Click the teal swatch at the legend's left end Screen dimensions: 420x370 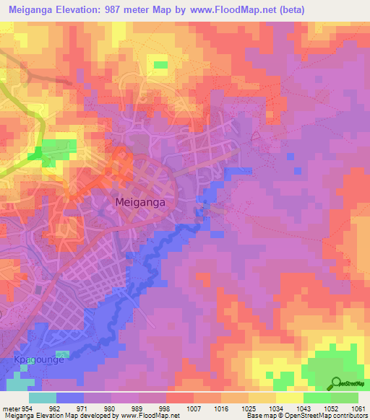click(x=43, y=398)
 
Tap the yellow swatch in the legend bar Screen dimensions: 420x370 click(x=290, y=398)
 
